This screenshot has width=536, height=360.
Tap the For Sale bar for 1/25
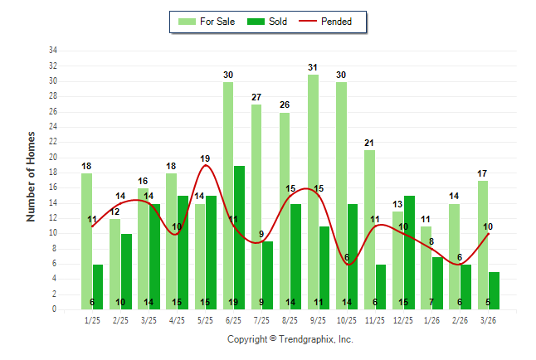86,241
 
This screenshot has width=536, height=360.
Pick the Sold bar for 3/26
494,290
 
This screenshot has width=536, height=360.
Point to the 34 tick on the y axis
52,51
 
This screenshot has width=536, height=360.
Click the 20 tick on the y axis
52,158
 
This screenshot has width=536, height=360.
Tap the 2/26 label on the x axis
460,319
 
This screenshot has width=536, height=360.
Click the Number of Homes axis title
32,176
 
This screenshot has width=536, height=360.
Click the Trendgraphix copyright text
290,339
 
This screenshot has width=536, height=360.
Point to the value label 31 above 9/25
313,68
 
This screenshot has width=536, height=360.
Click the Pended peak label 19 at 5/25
205,158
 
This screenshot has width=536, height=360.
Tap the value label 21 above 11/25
369,144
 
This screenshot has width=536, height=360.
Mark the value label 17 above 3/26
483,174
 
